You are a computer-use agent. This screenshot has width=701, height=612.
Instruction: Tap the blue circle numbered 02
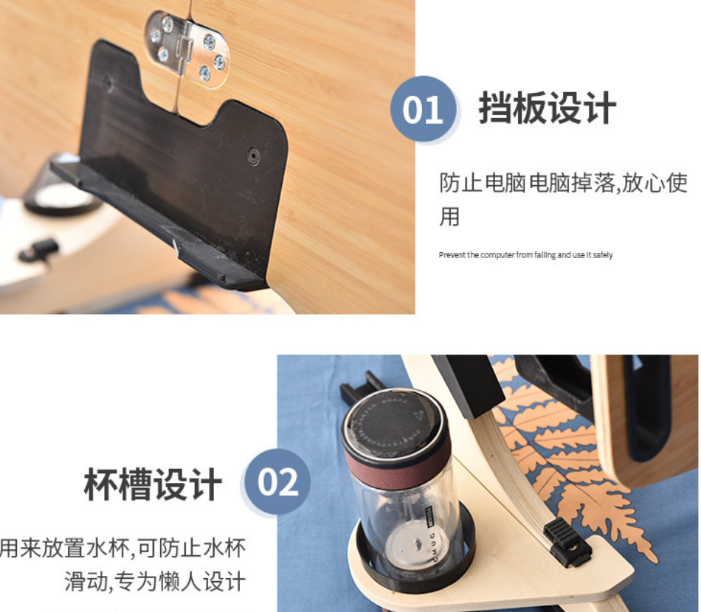click(278, 483)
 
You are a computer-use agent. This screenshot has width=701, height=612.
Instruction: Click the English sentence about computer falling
click(525, 255)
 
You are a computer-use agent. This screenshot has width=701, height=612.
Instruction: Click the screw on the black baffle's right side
click(254, 156)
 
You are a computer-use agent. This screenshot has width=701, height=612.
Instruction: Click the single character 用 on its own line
click(449, 217)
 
